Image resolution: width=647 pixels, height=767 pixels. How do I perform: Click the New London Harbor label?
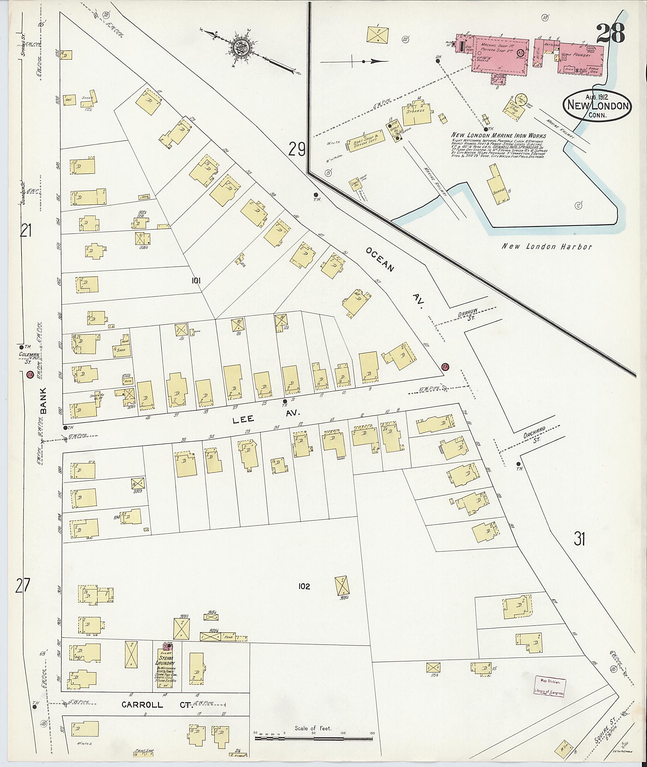pos(546,247)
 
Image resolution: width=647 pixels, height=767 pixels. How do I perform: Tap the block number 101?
pos(196,281)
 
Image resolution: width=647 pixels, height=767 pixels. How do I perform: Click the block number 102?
pos(304,587)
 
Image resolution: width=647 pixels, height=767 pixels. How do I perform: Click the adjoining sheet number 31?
pos(579,539)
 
